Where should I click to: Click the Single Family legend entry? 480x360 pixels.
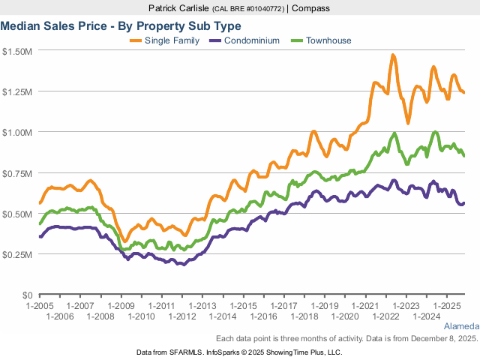point(171,40)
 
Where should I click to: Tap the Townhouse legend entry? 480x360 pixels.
point(328,40)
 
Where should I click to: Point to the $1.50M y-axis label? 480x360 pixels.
point(17,51)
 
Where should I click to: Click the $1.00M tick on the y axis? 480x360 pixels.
point(17,132)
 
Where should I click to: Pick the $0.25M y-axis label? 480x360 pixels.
point(17,254)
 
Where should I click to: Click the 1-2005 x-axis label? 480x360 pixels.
point(39,307)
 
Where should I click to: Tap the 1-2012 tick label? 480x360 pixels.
point(182,317)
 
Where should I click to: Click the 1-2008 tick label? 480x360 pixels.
point(100,317)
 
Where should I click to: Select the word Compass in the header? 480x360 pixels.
point(311,8)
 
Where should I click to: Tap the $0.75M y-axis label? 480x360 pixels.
point(17,173)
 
